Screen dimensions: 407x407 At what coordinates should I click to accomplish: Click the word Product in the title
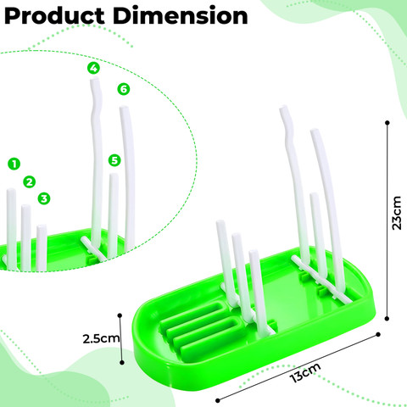54,16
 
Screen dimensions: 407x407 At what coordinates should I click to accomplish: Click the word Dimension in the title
181,15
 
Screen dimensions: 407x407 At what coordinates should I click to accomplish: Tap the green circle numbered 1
14,164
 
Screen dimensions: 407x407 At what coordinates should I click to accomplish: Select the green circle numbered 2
30,181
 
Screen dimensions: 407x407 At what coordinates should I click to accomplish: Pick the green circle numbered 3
44,198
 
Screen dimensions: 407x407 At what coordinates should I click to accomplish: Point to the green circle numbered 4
93,68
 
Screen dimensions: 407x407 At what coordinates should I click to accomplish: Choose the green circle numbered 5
114,160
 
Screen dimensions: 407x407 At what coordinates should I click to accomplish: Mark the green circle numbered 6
124,89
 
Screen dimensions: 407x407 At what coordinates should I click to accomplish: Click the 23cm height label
397,213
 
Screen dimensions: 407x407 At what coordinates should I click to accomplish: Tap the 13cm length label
305,372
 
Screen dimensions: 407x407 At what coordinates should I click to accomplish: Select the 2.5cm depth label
101,338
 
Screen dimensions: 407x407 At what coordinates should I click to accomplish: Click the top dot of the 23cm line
387,123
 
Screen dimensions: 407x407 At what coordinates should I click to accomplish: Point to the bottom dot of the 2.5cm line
122,362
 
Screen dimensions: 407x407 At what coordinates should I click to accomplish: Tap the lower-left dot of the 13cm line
218,400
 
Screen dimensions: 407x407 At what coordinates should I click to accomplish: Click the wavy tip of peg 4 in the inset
94,81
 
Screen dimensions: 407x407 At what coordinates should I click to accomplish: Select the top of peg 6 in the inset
124,108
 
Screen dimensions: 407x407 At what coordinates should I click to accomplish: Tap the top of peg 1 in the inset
11,190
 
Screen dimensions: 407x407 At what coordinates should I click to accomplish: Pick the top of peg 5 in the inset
114,176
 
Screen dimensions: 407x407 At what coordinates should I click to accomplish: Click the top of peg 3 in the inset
42,226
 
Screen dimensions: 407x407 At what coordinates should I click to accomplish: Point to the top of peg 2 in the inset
25,207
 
